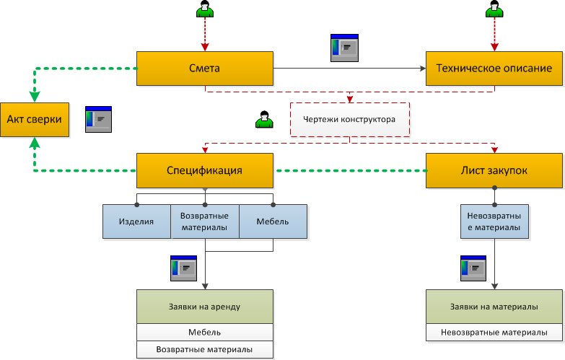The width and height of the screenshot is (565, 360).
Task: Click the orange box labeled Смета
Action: point(205,69)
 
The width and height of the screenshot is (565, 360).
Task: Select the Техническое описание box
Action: point(494,69)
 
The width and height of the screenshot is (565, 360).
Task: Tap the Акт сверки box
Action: point(34,120)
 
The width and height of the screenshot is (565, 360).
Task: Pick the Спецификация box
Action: point(205,170)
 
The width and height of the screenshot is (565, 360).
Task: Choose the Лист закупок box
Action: point(494,170)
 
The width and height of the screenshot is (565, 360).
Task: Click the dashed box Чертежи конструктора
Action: point(349,120)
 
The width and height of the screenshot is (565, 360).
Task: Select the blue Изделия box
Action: point(136,221)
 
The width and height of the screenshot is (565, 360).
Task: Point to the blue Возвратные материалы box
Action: point(204,221)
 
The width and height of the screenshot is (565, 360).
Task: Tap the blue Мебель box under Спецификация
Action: point(273,221)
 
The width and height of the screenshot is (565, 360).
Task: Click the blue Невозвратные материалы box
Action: point(494,221)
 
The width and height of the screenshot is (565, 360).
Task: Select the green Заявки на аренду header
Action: point(205,307)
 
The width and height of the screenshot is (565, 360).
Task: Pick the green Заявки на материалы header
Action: point(494,307)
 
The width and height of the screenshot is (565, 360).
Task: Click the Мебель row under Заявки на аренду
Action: point(205,333)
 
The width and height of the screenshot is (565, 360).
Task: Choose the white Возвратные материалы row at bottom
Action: point(205,350)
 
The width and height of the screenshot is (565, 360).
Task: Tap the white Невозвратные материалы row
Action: point(494,333)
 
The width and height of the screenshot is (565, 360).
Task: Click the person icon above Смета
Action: point(205,9)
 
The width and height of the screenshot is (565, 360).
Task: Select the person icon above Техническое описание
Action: point(494,9)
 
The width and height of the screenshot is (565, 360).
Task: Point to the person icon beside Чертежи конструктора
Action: point(265,119)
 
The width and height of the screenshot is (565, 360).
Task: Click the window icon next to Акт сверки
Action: point(98,118)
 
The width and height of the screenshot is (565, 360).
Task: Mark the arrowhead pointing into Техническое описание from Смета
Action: point(422,69)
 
